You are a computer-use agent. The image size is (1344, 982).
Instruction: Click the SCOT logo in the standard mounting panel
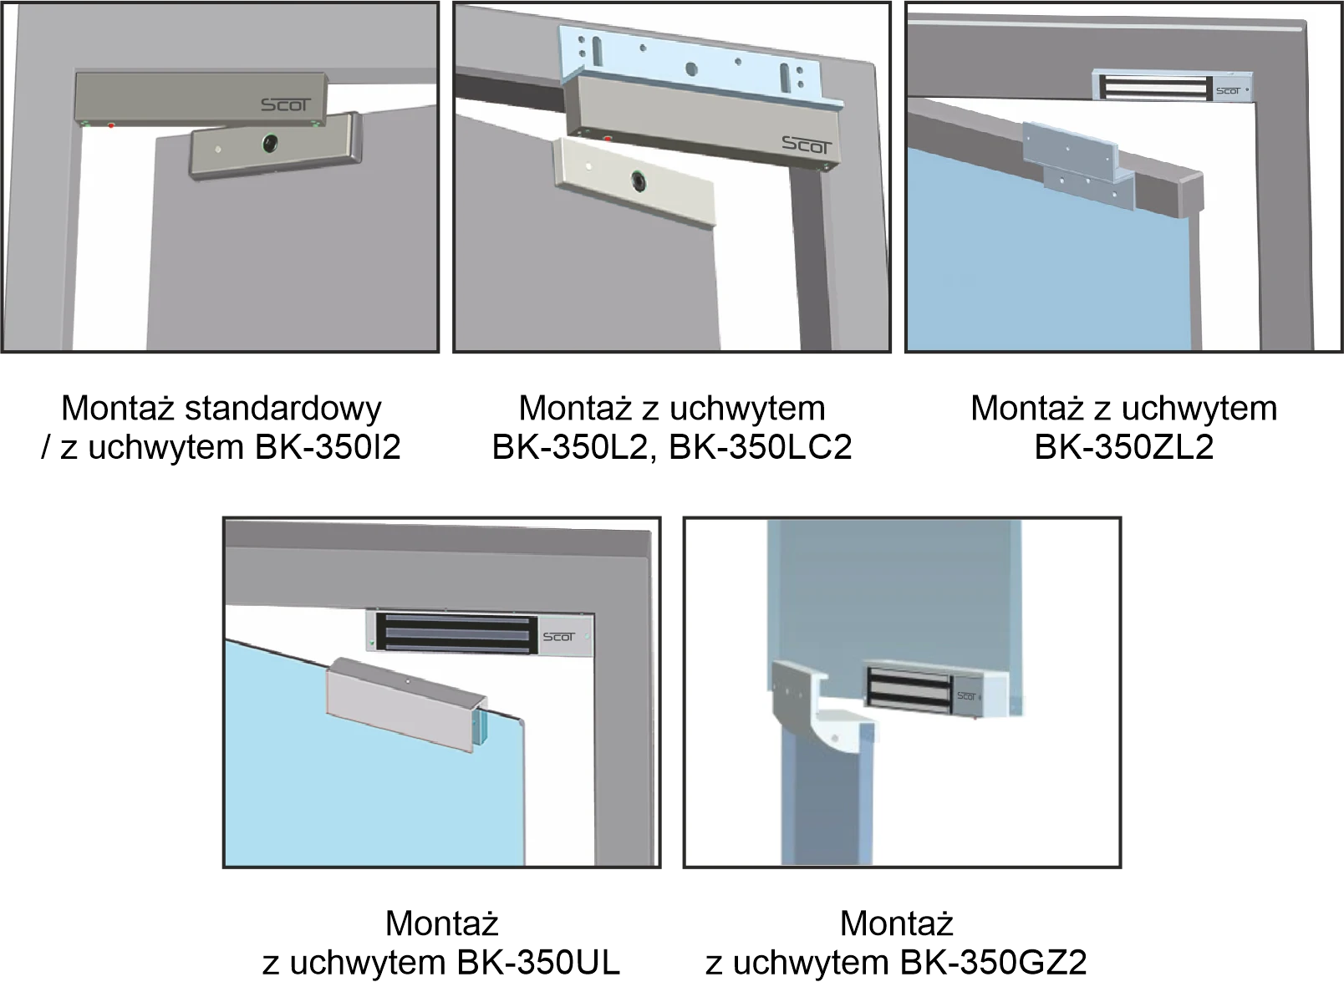[x=286, y=105]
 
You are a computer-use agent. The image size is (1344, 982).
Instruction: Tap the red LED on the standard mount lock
[x=111, y=125]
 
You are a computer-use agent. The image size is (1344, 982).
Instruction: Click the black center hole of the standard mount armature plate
[x=270, y=143]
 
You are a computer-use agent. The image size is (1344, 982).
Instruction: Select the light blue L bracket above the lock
[x=700, y=67]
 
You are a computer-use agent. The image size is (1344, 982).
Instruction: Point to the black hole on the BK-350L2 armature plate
[x=639, y=180]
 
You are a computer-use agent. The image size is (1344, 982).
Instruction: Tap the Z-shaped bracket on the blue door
[x=1078, y=165]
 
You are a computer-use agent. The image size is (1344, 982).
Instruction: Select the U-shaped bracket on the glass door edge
[x=406, y=704]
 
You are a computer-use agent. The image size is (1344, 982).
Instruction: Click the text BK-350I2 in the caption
[x=328, y=447]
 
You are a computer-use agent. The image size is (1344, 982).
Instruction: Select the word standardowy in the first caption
[x=283, y=409]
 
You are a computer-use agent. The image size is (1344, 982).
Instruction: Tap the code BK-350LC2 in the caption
[x=761, y=447]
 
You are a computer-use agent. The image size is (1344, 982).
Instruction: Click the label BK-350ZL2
[x=1124, y=447]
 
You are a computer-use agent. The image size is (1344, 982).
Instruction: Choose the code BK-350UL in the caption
[x=538, y=964]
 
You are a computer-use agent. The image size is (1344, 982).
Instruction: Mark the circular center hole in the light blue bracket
[x=691, y=69]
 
